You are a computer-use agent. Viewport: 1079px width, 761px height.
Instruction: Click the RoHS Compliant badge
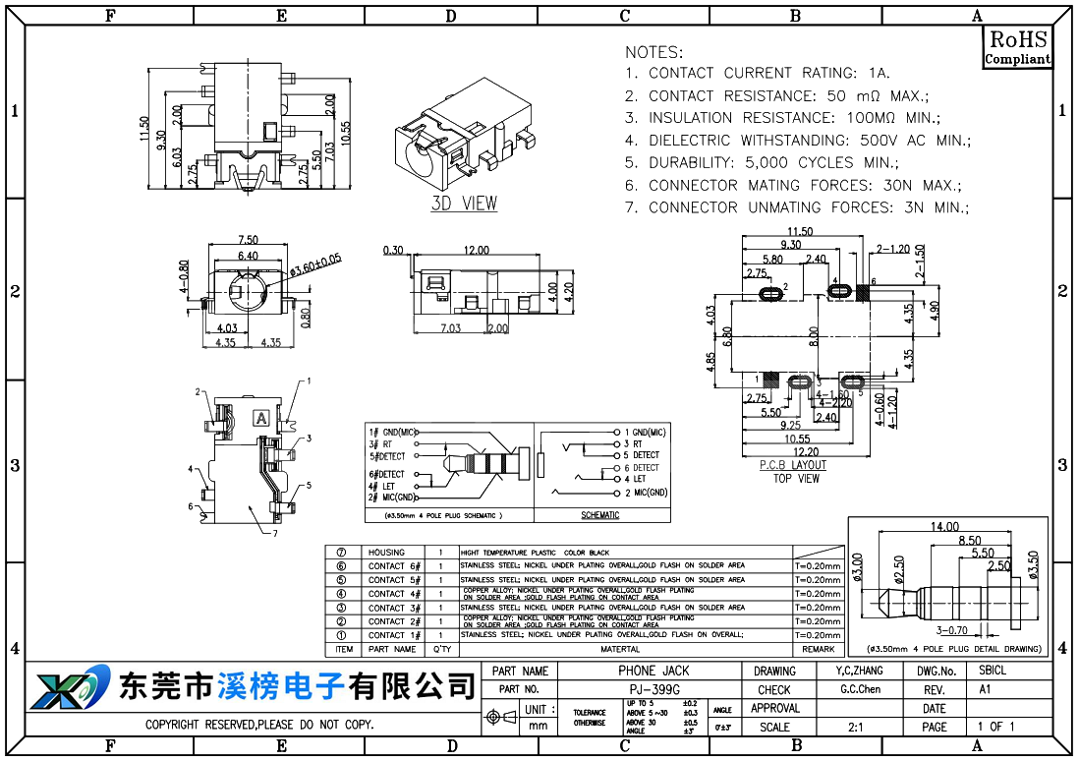point(1017,46)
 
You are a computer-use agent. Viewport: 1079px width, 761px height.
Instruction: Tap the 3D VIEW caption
point(464,204)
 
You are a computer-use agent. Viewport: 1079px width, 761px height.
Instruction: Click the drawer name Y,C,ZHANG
point(854,671)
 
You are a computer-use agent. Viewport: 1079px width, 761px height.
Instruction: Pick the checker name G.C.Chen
point(860,689)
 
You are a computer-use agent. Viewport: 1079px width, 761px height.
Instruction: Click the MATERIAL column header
point(620,649)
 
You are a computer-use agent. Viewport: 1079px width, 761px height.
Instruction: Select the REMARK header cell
point(818,649)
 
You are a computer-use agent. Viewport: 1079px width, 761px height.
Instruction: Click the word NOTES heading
point(653,52)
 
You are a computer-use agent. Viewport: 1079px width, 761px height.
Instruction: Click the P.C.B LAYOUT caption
point(794,465)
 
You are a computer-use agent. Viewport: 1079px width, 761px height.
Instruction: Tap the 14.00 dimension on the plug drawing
point(944,527)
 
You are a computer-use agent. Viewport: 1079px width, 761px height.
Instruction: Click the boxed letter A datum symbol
point(261,418)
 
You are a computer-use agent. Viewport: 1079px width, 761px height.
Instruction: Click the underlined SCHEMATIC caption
point(600,515)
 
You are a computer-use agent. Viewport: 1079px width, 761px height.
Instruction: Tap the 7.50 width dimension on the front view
point(248,240)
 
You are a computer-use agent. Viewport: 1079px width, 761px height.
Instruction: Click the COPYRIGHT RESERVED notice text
point(259,726)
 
